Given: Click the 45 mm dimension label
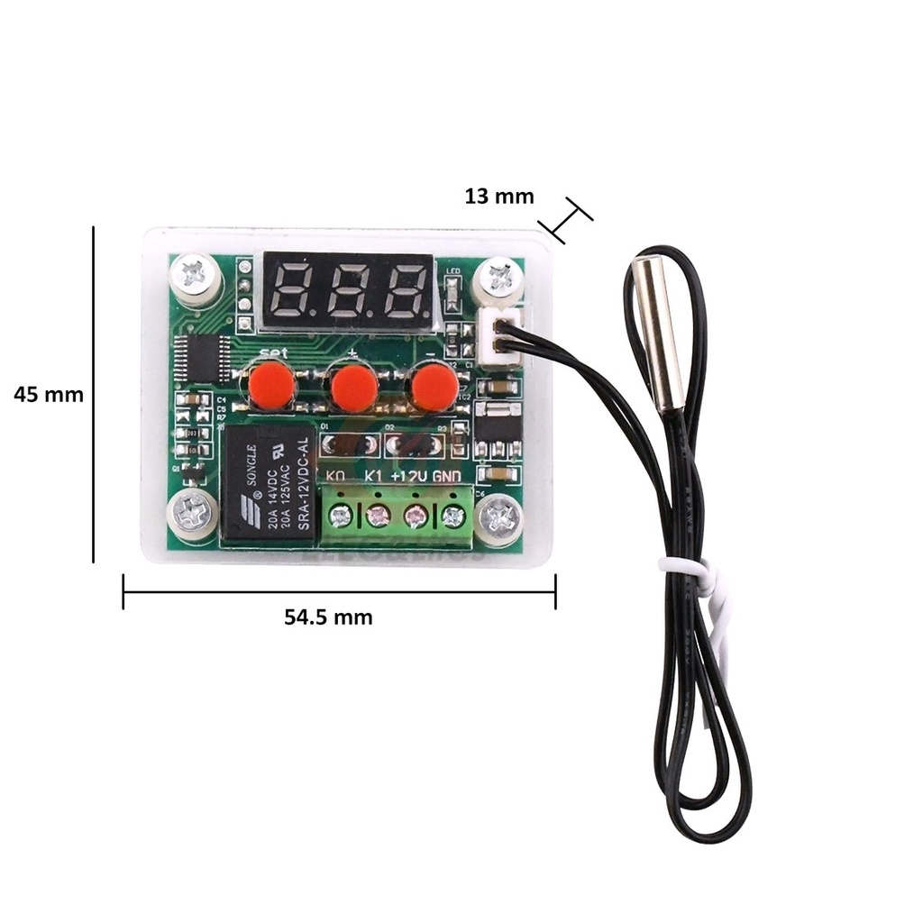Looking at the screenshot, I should tap(49, 395).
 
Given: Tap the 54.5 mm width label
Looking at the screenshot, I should tap(328, 617).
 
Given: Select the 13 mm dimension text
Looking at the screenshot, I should tap(499, 196).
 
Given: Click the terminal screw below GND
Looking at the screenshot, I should tap(452, 516).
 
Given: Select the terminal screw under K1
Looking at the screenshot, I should tap(377, 516).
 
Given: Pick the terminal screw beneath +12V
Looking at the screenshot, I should tap(415, 516).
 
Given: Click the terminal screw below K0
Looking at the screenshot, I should tap(340, 516).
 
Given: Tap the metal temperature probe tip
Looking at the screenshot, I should tap(657, 331).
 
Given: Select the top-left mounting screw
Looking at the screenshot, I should tap(195, 272).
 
